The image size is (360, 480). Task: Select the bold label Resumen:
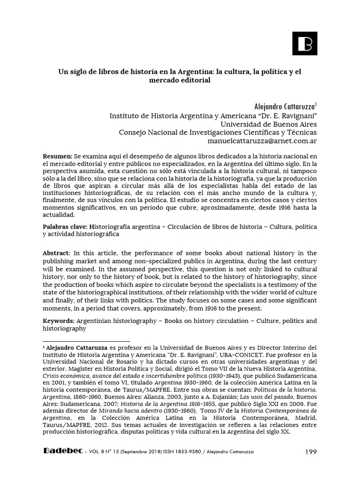coord(57,155)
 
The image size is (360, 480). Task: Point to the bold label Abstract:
coord(57,253)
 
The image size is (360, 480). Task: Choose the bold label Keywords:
coord(58,321)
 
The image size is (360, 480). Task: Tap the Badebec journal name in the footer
coord(63,451)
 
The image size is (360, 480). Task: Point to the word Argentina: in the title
coord(197,72)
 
